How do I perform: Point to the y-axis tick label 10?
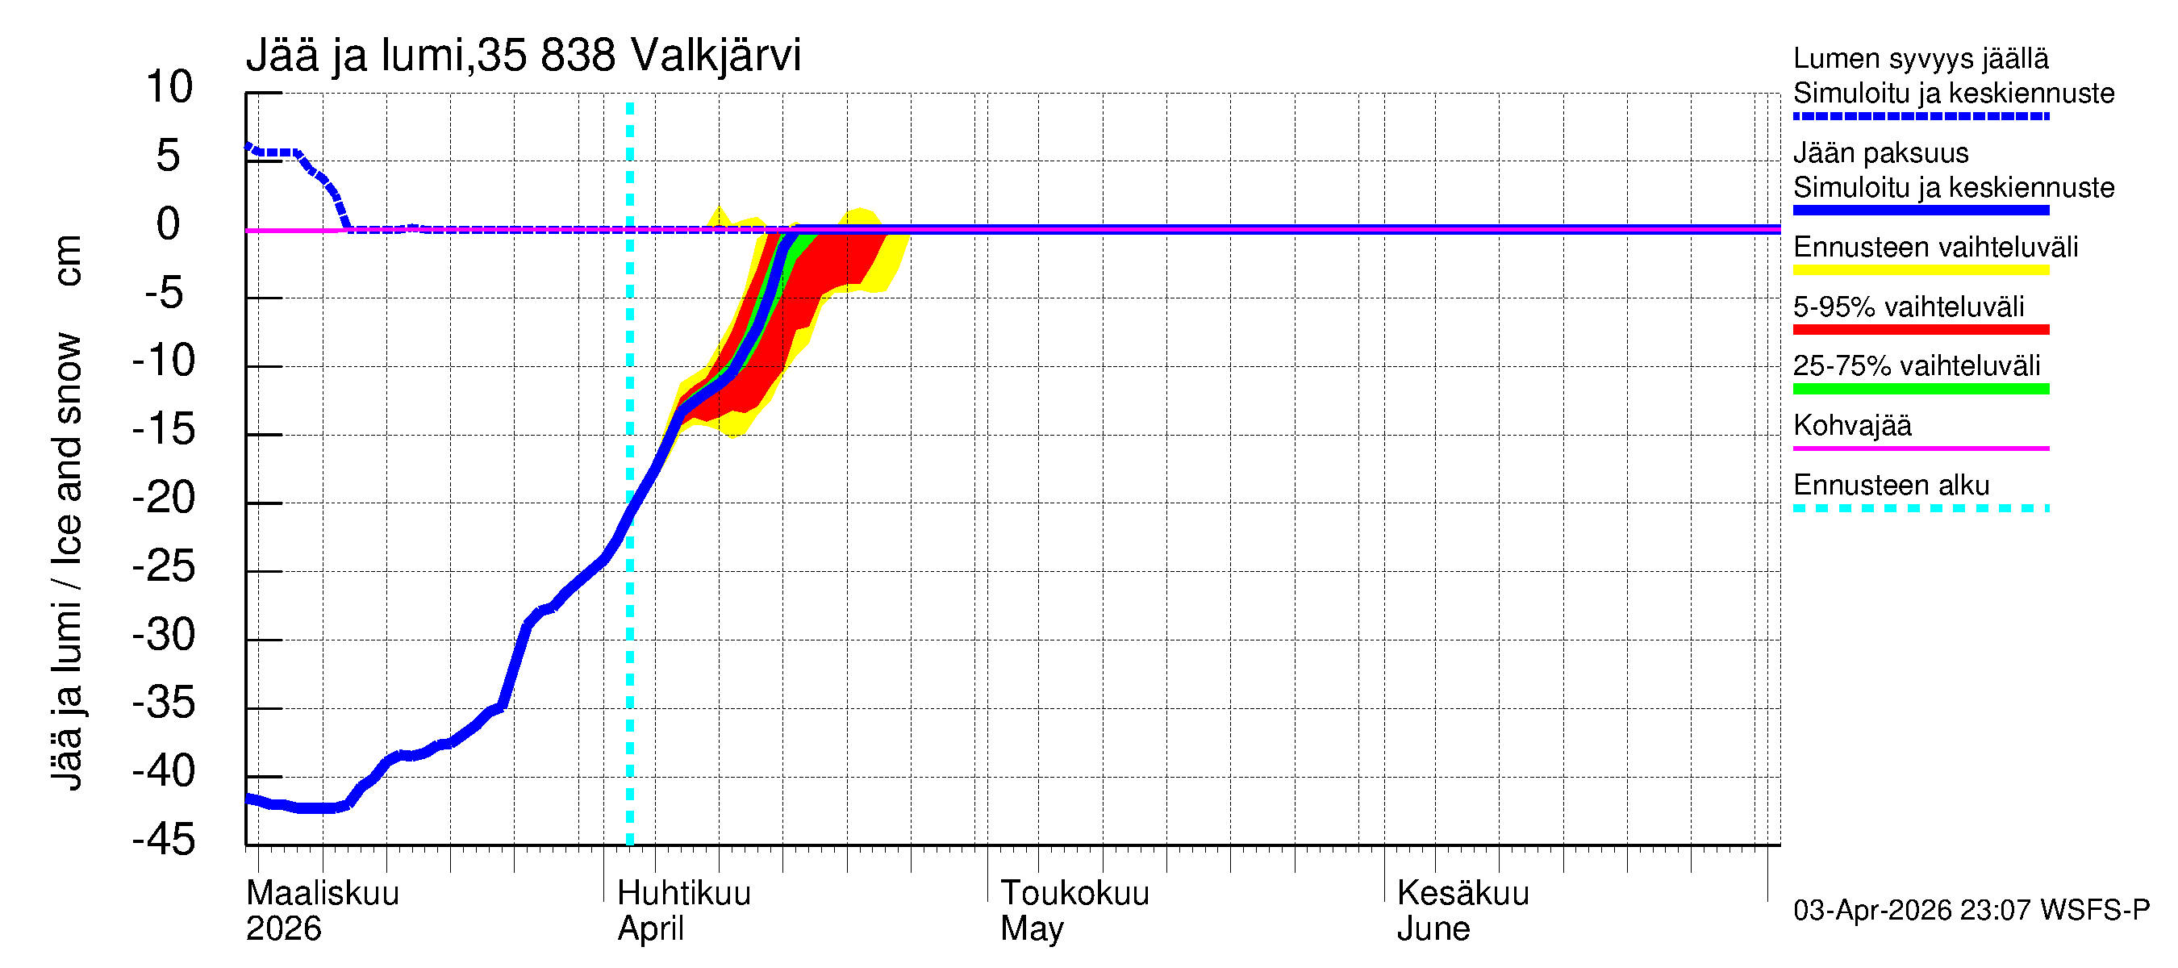169,87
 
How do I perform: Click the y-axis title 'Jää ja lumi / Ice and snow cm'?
67,512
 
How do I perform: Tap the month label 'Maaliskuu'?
322,893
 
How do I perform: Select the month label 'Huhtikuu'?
683,893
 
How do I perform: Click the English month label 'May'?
1032,928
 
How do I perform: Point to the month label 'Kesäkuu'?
1462,893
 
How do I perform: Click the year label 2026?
283,928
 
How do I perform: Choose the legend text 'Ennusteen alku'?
1892,486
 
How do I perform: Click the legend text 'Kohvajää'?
1851,425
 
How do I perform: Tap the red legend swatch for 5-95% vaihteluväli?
1920,329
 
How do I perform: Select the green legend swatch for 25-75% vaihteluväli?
1920,389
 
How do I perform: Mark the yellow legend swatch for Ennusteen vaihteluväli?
1920,269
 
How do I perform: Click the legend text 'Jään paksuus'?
1880,153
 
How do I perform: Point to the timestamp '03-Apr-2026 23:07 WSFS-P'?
1971,910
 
